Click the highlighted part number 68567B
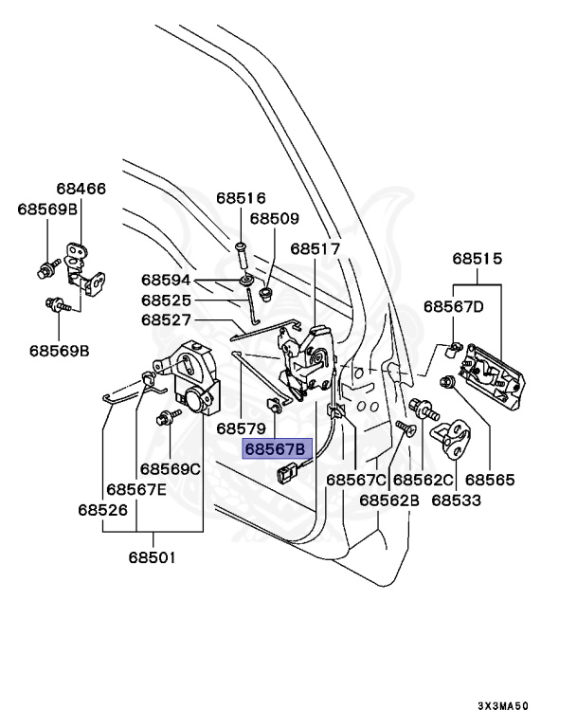pos(276,449)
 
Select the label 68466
pos(81,189)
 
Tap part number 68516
pos(241,198)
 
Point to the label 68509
pos(275,218)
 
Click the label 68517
pos(316,249)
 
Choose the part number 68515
pos(478,258)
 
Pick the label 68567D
pos(454,306)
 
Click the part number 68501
pos(153,557)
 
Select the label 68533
pos(457,500)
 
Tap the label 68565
pos(490,480)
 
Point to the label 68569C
pos(171,469)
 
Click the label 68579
pos(241,428)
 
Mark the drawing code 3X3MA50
pos(503,706)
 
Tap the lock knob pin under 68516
pos(242,254)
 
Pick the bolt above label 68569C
pos(168,417)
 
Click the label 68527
pos(166,319)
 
